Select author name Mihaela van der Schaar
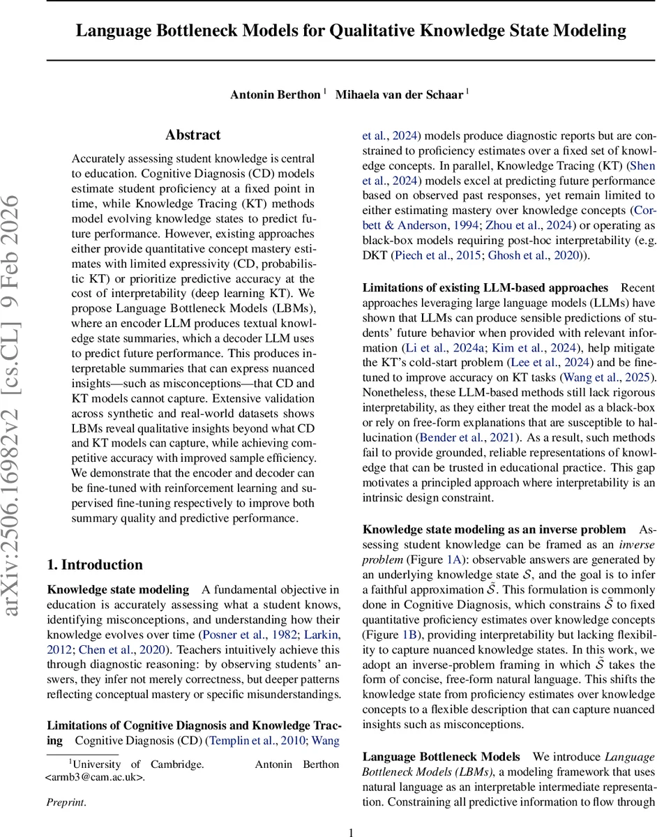399,95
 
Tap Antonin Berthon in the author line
275,95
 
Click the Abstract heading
192,135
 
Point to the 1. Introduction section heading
94,565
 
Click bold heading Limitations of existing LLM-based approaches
485,287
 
